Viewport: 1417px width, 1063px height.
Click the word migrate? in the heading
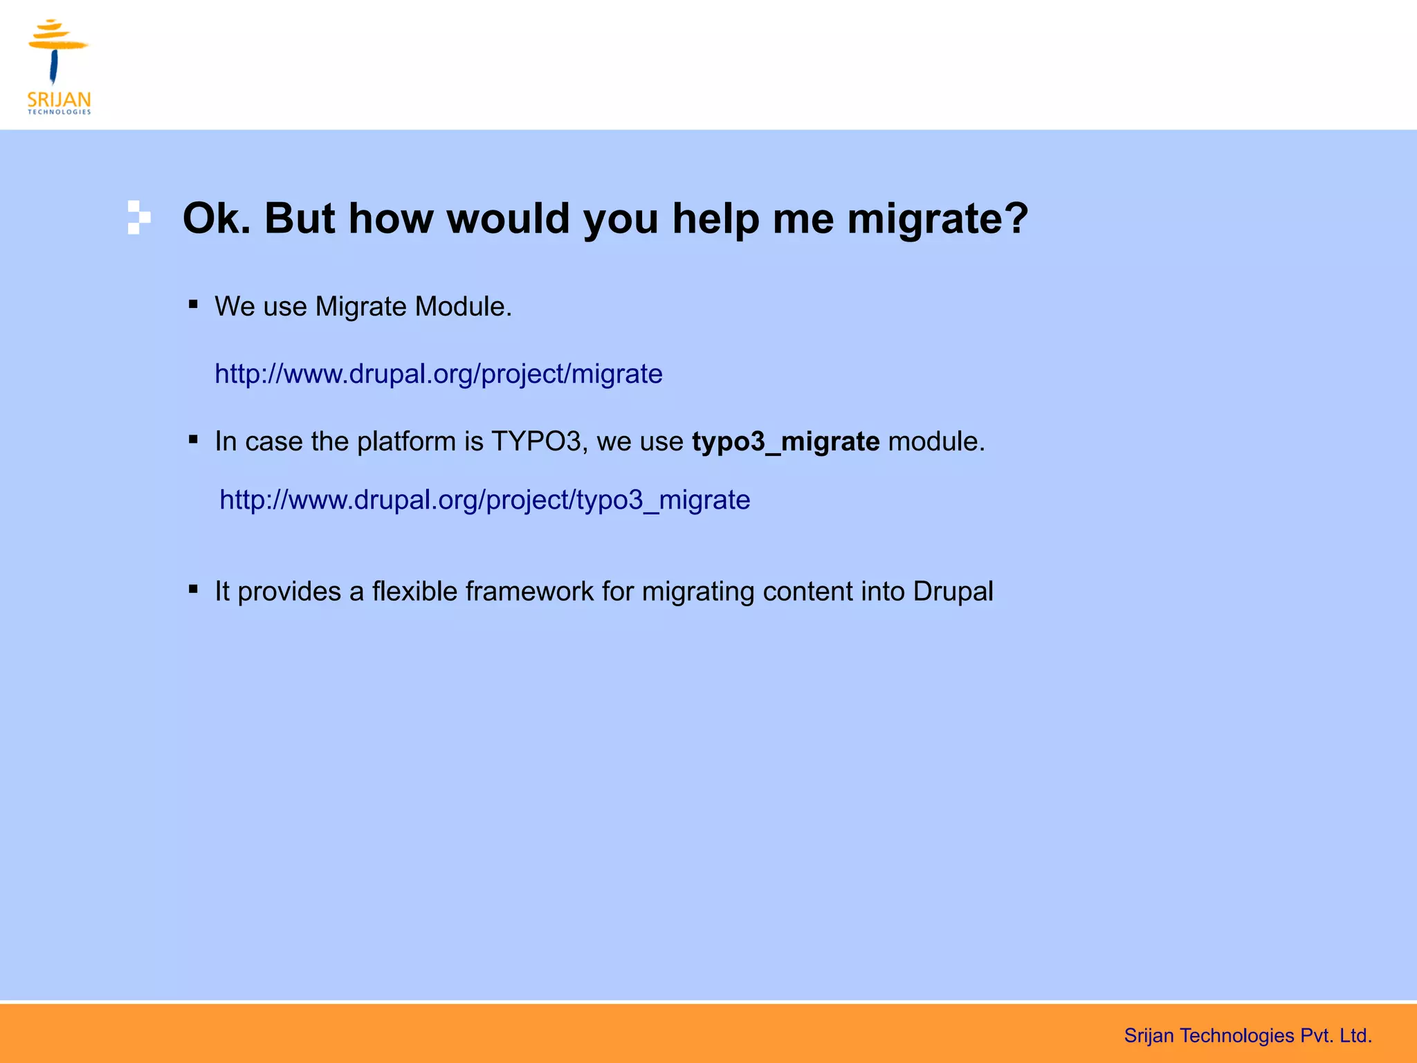coord(938,219)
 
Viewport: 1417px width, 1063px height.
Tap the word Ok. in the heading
coord(217,219)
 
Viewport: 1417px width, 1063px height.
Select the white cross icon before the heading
coord(138,217)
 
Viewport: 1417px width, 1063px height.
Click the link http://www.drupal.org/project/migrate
coord(438,374)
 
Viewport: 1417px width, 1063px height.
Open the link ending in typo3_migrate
coord(484,500)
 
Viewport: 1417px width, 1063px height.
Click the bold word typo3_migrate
coord(785,442)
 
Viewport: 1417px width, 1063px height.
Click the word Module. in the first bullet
coord(463,307)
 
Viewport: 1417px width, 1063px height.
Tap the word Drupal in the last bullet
coord(953,592)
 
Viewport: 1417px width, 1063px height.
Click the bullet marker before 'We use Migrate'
coord(193,304)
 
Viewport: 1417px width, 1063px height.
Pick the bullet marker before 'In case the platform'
coord(193,439)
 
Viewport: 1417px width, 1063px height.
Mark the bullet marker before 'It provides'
coord(193,589)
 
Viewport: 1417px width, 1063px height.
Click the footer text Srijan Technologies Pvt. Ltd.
coord(1247,1036)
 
